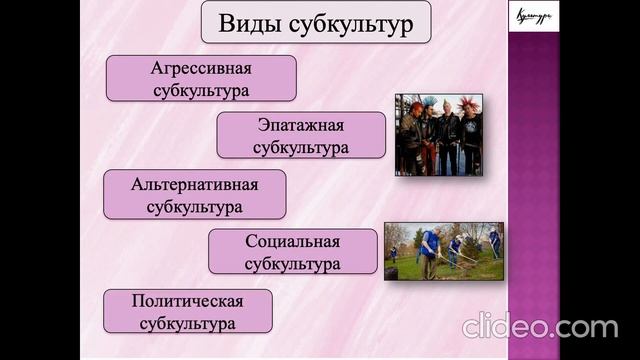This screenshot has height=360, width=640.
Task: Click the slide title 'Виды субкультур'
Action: click(316, 23)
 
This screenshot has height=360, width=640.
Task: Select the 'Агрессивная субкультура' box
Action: click(200, 79)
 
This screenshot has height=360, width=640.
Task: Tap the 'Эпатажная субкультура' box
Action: click(301, 136)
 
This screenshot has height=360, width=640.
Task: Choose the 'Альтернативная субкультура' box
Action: click(194, 195)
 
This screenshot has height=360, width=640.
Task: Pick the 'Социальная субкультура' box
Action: click(292, 252)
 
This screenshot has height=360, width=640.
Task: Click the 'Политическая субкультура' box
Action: click(187, 311)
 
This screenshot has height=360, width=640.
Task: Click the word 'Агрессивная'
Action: click(200, 68)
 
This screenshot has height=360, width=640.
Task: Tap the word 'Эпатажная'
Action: click(301, 125)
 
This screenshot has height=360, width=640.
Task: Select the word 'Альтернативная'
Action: click(194, 184)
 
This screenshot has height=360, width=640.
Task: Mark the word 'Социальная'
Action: click(292, 241)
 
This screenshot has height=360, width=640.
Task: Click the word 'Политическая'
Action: click(187, 300)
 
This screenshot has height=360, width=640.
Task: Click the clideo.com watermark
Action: click(540, 325)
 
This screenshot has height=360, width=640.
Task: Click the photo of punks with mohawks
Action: click(438, 135)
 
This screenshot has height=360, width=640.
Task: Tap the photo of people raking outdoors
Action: click(443, 251)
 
